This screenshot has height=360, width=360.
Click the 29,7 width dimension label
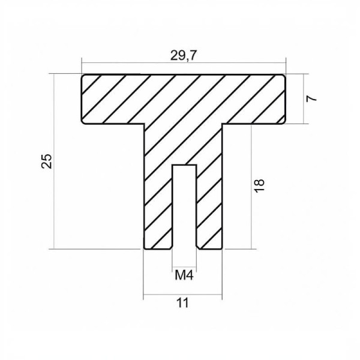(x=184, y=56)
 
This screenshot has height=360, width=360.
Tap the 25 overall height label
(x=47, y=161)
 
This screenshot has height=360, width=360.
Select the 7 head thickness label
(x=311, y=98)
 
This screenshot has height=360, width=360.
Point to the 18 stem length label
(x=259, y=185)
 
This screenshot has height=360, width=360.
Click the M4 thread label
(x=184, y=275)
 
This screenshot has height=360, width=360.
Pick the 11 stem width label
(x=182, y=303)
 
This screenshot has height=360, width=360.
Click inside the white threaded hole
(x=184, y=206)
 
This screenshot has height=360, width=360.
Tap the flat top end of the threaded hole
(x=184, y=165)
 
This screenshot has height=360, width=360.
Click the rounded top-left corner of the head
(x=83, y=76)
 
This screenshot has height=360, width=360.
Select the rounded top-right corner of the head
(x=284, y=76)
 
